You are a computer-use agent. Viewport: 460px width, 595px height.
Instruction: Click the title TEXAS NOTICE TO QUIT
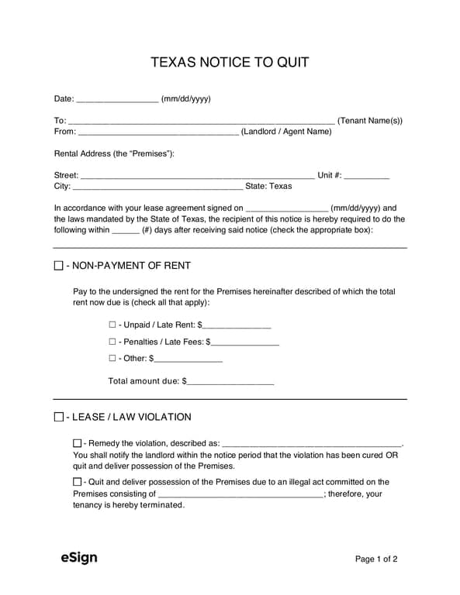click(x=230, y=62)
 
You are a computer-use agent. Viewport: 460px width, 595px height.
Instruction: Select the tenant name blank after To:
click(x=202, y=122)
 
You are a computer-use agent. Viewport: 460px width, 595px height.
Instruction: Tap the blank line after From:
click(x=158, y=132)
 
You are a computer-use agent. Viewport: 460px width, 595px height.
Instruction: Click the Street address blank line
click(x=198, y=177)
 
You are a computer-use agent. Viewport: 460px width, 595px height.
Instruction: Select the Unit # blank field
click(x=366, y=177)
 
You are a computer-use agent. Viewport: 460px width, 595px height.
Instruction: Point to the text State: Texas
click(x=268, y=187)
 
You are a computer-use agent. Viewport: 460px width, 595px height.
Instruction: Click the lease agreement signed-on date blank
click(x=287, y=209)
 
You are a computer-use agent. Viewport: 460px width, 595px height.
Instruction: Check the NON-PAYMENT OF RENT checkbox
click(x=59, y=266)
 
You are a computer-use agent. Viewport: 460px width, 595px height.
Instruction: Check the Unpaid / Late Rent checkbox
click(x=112, y=325)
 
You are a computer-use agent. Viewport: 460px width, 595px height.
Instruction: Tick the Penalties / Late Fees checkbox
click(x=112, y=342)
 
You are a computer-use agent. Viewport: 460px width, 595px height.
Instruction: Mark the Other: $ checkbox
click(x=112, y=359)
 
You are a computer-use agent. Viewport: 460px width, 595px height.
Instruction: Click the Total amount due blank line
click(x=230, y=382)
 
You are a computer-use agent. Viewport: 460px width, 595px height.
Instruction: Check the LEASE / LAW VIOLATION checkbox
click(x=59, y=418)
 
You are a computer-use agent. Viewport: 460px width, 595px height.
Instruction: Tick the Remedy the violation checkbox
click(x=77, y=443)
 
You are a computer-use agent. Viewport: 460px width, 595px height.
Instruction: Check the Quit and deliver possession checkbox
click(x=77, y=482)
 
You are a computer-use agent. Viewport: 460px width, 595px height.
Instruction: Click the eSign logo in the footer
click(x=79, y=558)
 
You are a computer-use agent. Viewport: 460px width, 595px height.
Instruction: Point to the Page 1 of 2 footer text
click(x=376, y=559)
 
